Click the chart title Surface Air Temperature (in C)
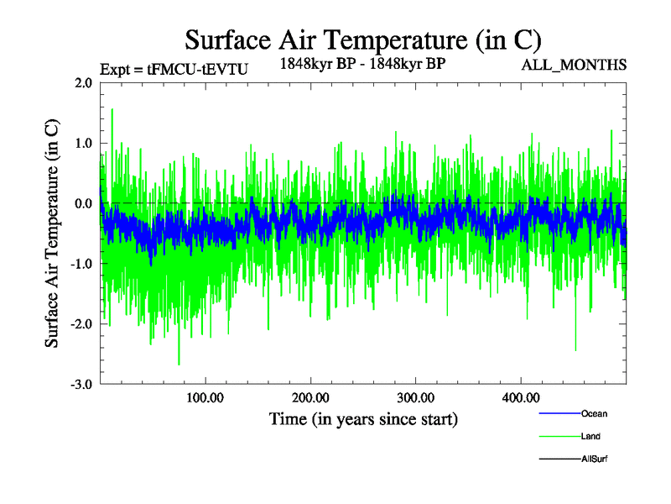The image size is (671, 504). tap(362, 39)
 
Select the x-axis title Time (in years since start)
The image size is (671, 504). tap(363, 418)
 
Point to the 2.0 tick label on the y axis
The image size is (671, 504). tap(82, 83)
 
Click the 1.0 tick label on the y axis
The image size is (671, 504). tap(82, 144)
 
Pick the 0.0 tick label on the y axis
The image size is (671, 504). tap(82, 204)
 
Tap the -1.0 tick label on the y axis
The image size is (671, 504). tap(81, 265)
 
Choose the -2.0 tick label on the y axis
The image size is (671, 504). tap(81, 324)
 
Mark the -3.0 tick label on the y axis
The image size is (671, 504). tap(81, 385)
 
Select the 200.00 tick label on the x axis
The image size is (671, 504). tap(310, 398)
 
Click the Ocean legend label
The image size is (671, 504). tap(594, 414)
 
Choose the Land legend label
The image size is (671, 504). tap(590, 437)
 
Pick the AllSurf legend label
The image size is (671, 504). tap(595, 459)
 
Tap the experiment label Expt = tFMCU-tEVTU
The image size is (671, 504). tap(174, 71)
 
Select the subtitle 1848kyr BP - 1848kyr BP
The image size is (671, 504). tap(362, 63)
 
